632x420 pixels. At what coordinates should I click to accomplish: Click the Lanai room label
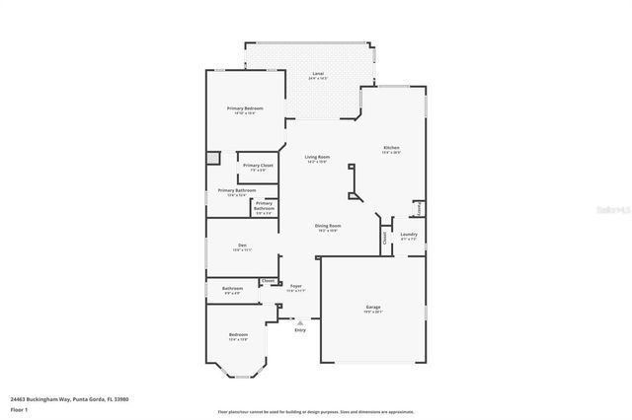point(318,74)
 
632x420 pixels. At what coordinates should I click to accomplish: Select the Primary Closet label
point(258,165)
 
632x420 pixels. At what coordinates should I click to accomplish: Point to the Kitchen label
point(392,148)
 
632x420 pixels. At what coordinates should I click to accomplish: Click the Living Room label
point(317,157)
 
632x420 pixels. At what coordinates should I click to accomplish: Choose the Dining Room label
point(328,226)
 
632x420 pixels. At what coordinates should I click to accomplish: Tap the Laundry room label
point(409,234)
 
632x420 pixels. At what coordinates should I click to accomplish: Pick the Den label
point(241,245)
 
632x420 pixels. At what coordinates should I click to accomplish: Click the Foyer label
point(295,286)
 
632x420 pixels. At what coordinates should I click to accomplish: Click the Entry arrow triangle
point(299,321)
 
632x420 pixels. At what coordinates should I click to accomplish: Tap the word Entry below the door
point(299,329)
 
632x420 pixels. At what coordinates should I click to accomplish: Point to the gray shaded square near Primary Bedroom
point(212,157)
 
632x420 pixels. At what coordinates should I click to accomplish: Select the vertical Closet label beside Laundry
point(384,238)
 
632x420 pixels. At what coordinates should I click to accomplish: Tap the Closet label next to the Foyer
point(268,280)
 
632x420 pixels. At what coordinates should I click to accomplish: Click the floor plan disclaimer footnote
point(315,411)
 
